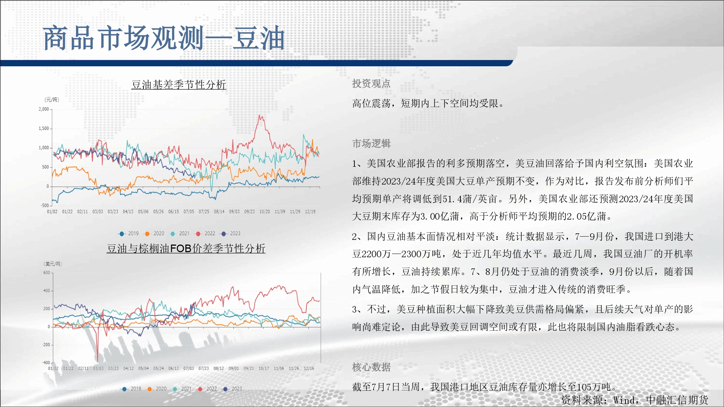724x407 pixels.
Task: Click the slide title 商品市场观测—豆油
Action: (164, 38)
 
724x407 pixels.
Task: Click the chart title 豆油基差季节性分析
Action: (179, 85)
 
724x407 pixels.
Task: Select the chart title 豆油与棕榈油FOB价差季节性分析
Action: (186, 249)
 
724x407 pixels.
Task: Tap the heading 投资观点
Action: (371, 84)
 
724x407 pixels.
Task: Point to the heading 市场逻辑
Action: (371, 144)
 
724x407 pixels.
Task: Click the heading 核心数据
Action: (371, 367)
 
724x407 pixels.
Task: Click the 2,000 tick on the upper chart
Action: (44, 109)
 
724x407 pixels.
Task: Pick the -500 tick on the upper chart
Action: (45, 205)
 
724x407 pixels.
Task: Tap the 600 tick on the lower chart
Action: (47, 273)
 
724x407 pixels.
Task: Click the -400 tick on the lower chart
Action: (46, 363)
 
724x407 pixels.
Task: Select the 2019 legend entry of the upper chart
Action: (129, 234)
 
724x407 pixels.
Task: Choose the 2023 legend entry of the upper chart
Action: (230, 234)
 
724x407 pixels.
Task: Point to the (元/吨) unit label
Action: (52, 100)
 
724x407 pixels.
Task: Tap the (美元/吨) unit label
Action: (53, 264)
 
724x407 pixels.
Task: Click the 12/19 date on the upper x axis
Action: (310, 212)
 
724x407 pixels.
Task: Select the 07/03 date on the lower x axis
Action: (189, 369)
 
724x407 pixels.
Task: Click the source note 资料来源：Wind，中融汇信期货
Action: (635, 400)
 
